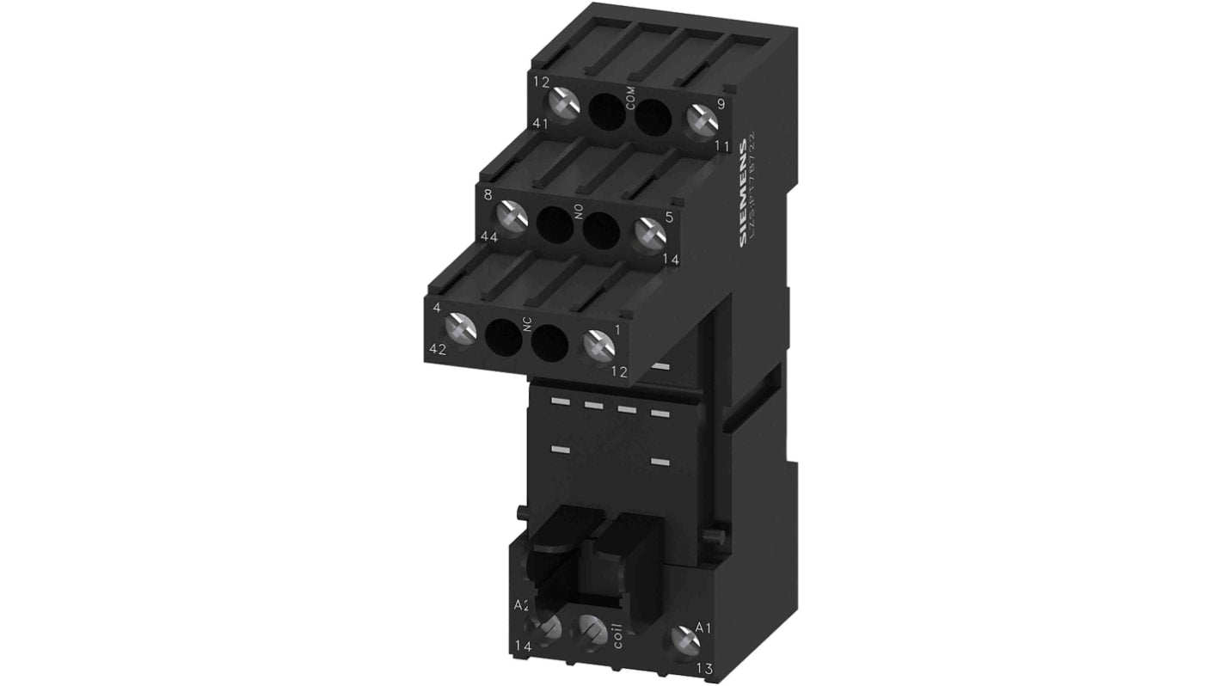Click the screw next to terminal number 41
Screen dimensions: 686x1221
(565, 105)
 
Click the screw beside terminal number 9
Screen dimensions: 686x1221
(702, 122)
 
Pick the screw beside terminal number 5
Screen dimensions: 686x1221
(649, 234)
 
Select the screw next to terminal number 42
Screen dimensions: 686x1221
(461, 328)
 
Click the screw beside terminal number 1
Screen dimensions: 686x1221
(598, 346)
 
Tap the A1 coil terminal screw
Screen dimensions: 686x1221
(684, 639)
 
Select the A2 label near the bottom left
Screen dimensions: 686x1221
(522, 605)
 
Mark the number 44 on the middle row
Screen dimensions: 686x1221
(488, 236)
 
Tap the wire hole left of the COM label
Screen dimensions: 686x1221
(607, 111)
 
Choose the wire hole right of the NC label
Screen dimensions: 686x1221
(550, 344)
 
